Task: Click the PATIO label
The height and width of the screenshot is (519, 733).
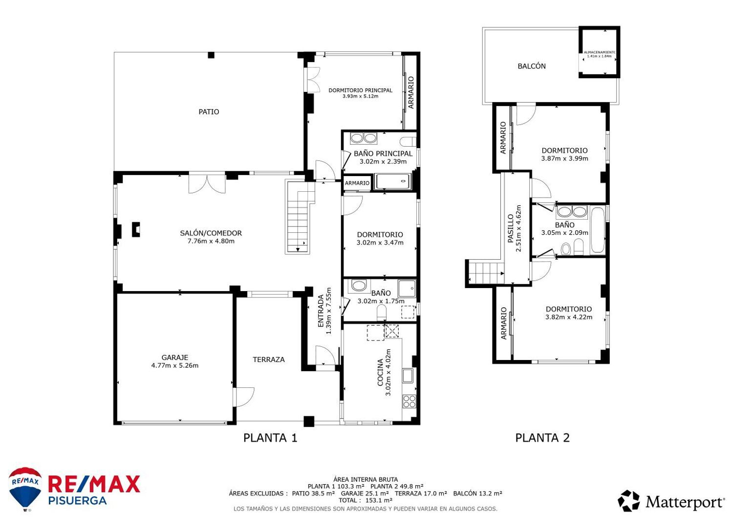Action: point(209,112)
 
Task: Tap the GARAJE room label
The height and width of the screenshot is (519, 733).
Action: point(175,358)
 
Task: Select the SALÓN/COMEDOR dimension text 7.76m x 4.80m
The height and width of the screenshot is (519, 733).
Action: point(211,241)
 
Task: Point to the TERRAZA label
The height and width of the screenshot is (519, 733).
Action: point(268,360)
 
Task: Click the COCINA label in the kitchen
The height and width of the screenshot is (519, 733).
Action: point(380,372)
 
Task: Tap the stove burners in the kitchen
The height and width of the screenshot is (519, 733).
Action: point(409,402)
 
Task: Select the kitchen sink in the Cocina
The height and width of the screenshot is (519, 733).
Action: point(408,376)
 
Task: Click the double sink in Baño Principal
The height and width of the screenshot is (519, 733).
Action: point(363,138)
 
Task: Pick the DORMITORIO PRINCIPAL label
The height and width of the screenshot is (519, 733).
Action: point(360,90)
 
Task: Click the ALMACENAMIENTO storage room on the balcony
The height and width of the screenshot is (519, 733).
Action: point(599,52)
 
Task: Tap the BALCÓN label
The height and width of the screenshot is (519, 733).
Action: point(532,66)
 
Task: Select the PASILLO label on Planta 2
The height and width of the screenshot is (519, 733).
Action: point(511,228)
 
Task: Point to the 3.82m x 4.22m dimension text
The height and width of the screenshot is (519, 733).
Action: point(568,317)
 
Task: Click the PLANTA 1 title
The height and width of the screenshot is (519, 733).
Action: point(270,438)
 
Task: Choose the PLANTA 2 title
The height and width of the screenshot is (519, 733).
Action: point(542,438)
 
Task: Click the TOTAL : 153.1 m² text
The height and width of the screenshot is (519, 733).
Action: point(365,500)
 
